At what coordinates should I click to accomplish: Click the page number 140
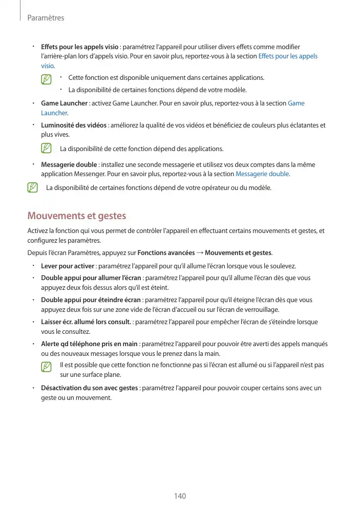[x=180, y=496]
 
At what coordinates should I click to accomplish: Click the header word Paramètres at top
[x=46, y=18]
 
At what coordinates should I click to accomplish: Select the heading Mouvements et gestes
[x=77, y=216]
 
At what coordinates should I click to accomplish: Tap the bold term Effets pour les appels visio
[x=79, y=47]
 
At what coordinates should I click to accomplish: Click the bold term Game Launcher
[x=64, y=103]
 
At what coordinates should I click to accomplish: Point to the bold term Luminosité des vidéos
[x=74, y=125]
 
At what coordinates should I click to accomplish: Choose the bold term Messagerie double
[x=69, y=165]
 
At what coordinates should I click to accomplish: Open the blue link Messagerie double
[x=262, y=174]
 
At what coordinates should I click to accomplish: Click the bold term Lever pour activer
[x=68, y=266]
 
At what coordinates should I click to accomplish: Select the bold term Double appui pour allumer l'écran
[x=91, y=278]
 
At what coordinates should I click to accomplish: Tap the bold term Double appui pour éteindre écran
[x=91, y=300]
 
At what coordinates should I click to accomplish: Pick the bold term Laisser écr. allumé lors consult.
[x=86, y=322]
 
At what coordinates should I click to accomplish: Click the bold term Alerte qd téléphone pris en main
[x=89, y=344]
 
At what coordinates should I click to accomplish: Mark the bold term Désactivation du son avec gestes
[x=89, y=388]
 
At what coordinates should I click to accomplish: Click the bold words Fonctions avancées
[x=166, y=253]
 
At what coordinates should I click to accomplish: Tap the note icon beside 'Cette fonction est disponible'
[x=47, y=79]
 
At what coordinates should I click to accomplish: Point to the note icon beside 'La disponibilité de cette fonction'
[x=47, y=149]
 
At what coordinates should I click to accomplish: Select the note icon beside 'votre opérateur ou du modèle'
[x=33, y=187]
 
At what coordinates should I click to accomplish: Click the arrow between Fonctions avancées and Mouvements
[x=200, y=253]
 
